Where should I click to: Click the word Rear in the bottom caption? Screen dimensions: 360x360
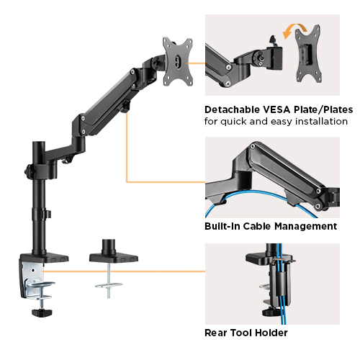tap(217, 333)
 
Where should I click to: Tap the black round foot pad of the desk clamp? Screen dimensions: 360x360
tap(41, 312)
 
